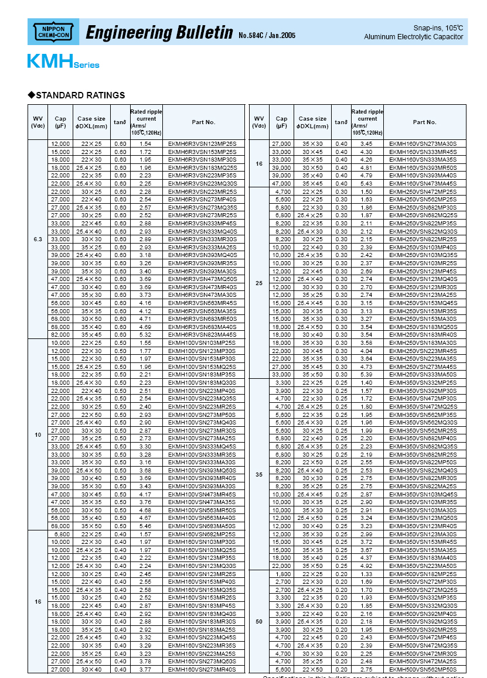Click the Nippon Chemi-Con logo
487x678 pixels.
click(53, 32)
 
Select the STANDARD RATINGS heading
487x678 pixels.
click(80, 95)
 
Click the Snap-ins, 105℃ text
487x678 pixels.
click(438, 28)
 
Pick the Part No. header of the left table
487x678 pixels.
click(203, 122)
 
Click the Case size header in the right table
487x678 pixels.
click(312, 122)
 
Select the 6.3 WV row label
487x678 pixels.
click(38, 239)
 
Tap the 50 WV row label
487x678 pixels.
click(259, 621)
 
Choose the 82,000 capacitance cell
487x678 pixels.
click(60, 334)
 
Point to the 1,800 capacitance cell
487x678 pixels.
click(282, 575)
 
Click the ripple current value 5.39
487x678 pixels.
click(366, 374)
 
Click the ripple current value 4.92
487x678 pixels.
click(366, 566)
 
